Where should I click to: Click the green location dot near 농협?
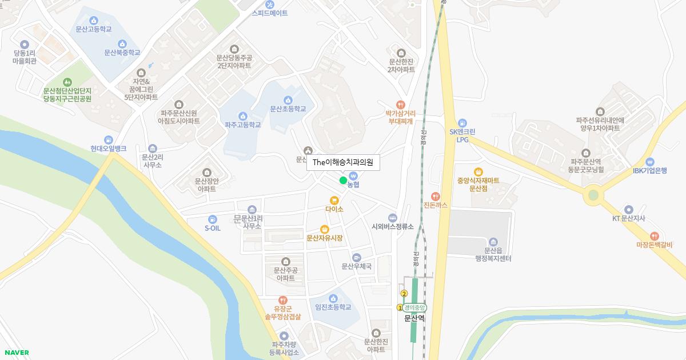[x=343, y=181]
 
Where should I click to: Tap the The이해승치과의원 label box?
[x=343, y=163]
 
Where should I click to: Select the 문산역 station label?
[x=414, y=318]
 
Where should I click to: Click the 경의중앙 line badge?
[x=414, y=307]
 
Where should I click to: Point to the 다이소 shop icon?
[x=334, y=200]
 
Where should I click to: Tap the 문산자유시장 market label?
[x=325, y=238]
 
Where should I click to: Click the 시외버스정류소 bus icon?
[x=392, y=218]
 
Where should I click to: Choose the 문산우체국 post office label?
[x=357, y=266]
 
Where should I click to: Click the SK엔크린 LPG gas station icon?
[x=462, y=123]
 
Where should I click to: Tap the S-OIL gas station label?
[x=213, y=228]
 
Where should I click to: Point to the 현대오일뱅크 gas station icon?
[x=108, y=140]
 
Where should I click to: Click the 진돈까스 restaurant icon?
[x=436, y=196]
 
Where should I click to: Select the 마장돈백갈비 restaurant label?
[x=655, y=245]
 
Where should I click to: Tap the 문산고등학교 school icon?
[x=93, y=20]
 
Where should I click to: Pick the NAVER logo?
[x=15, y=353]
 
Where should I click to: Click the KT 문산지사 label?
[x=629, y=218]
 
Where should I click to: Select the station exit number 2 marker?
[x=404, y=294]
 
